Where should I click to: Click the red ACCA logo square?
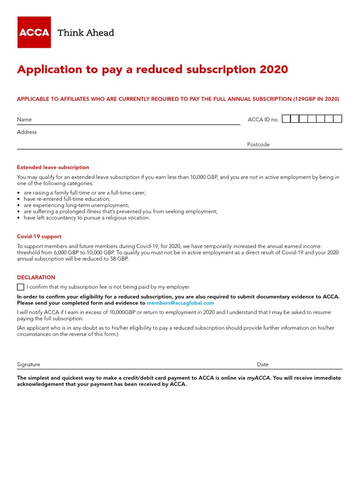34,32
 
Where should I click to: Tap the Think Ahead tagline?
86,33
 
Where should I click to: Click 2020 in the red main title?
273,69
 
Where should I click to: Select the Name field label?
24,120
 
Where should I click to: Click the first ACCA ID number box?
286,119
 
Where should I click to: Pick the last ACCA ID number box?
337,119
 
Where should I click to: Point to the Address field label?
27,132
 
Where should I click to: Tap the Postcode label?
258,144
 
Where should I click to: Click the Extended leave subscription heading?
53,167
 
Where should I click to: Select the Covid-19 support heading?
39,237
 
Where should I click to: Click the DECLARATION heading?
36,277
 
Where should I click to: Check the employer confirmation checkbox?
21,287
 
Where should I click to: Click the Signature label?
29,364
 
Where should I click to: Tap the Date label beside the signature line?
262,364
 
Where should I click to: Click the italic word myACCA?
258,378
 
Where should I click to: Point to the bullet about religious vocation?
87,217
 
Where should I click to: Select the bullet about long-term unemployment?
76,205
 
